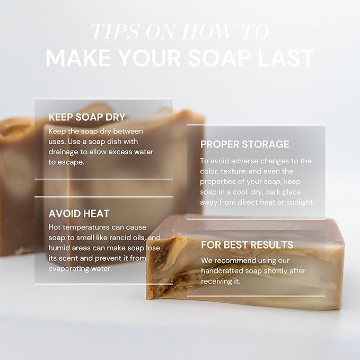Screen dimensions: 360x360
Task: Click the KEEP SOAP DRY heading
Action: pos(86,117)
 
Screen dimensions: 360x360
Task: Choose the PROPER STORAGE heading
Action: pos(244,144)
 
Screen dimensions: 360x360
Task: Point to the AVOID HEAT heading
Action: pos(78,214)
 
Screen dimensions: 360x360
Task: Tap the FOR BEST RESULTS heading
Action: pos(247,245)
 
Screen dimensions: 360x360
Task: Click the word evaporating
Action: pos(71,268)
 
